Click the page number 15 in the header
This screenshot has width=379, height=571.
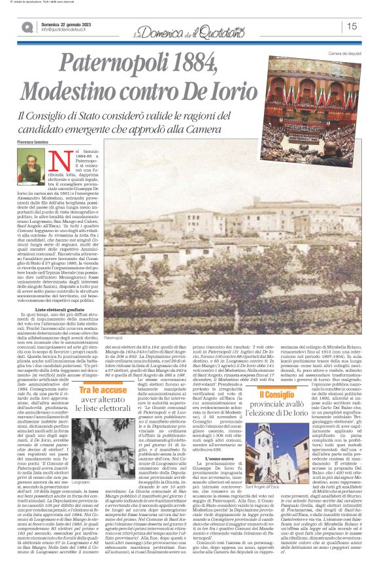pyautogui.click(x=352, y=26)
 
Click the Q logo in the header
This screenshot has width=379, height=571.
pyautogui.click(x=27, y=27)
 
